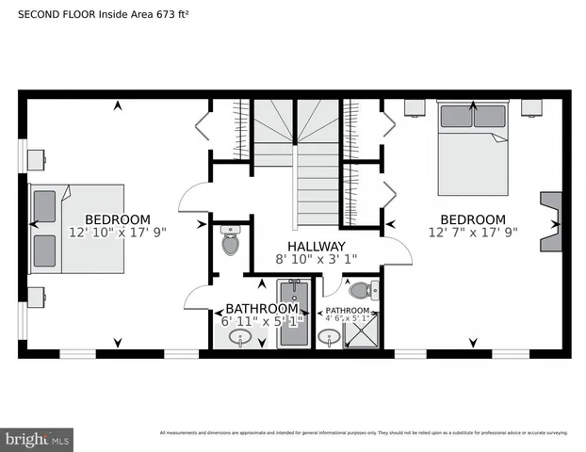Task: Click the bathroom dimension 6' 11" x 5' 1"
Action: click(x=262, y=322)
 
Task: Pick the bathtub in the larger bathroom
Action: click(x=292, y=315)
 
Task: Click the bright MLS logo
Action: click(x=37, y=439)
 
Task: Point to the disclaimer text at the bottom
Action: click(x=363, y=433)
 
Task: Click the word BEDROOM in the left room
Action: click(x=117, y=219)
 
